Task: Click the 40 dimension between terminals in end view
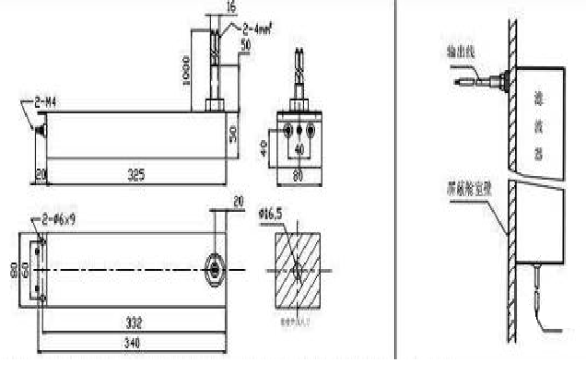[297, 147]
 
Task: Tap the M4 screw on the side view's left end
[41, 132]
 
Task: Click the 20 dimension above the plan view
[240, 202]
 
